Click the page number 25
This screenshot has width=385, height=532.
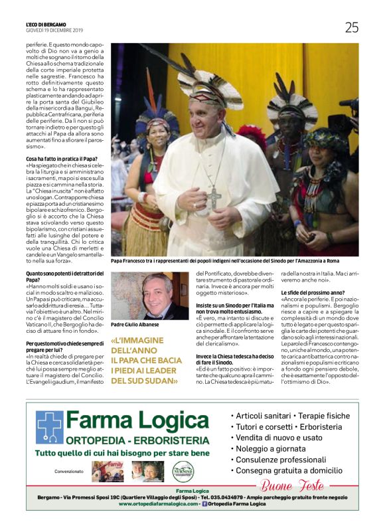click(x=351, y=27)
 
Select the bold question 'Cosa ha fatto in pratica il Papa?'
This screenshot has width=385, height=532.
click(x=62, y=159)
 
